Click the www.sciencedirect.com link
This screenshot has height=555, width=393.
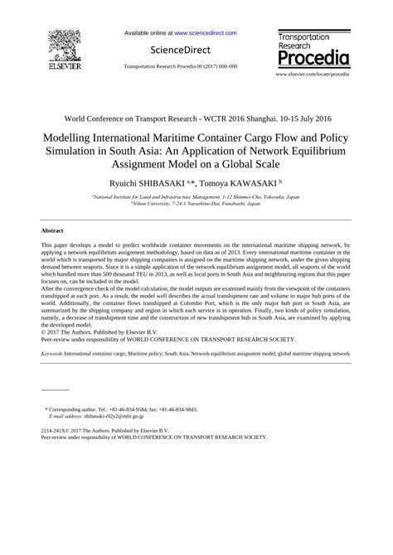point(205,33)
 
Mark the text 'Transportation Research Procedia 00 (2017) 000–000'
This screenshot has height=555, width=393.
point(180,65)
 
